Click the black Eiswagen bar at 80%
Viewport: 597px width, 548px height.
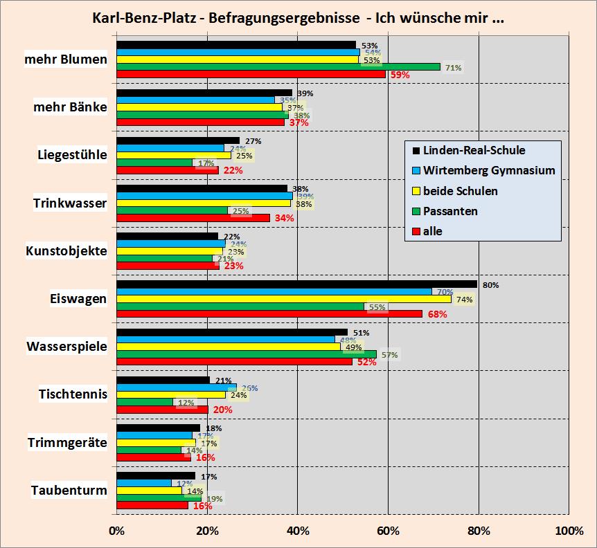point(296,284)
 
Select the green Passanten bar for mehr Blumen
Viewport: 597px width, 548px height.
point(278,67)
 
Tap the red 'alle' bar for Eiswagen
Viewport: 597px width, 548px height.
point(269,313)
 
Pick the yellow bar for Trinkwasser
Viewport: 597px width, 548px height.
point(203,203)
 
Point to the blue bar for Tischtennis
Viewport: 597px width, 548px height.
point(176,387)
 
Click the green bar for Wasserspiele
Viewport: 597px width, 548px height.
point(246,354)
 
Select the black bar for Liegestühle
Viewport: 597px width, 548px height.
point(177,140)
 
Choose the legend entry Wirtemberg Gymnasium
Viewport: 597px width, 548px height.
point(489,170)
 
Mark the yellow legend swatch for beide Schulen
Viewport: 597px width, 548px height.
point(416,191)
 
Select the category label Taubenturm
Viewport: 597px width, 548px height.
point(69,491)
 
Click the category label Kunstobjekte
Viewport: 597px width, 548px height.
point(66,251)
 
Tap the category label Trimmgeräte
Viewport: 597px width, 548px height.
point(67,443)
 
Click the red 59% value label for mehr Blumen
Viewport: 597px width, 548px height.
point(400,75)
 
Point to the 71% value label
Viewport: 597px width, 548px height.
point(453,68)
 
